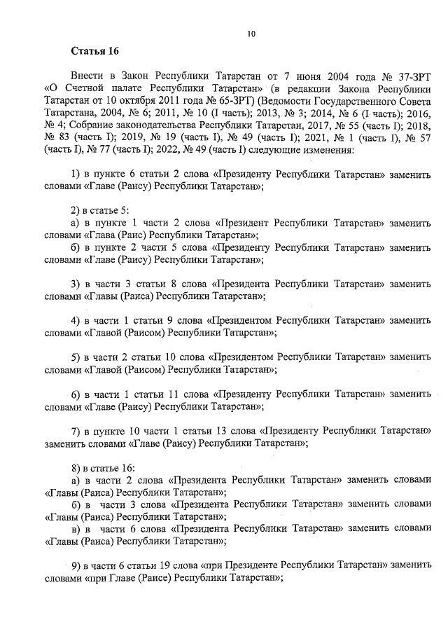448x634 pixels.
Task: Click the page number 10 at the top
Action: point(251,33)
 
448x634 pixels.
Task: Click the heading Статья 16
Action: point(95,51)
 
